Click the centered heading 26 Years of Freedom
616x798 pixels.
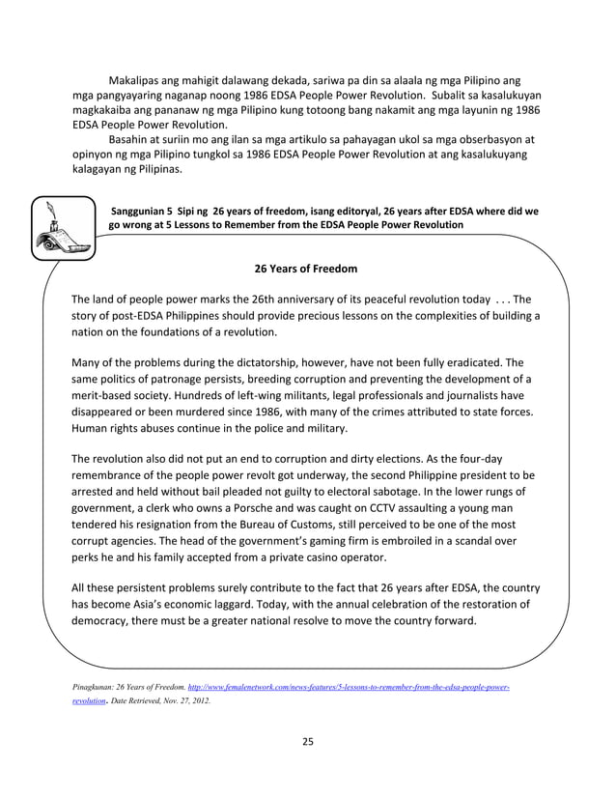tap(305, 268)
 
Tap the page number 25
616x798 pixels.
tap(308, 742)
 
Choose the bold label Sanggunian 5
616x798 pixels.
tap(148, 209)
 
